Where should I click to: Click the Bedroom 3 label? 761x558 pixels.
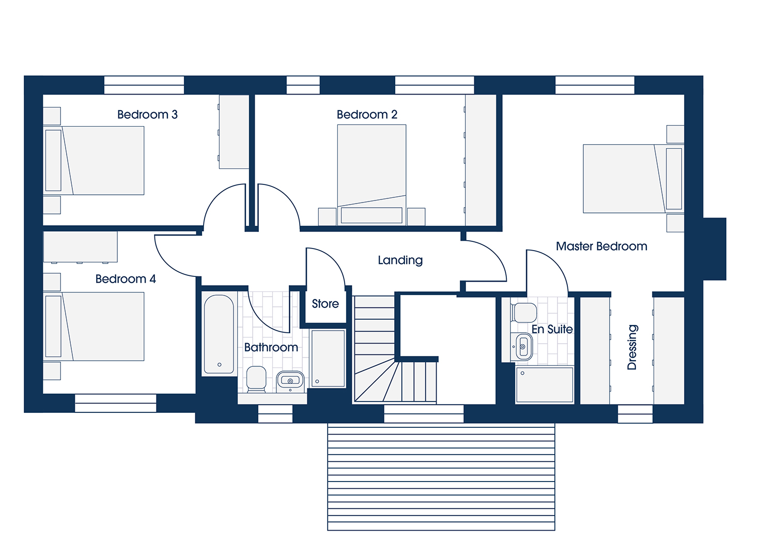click(x=147, y=115)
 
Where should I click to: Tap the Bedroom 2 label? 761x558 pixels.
click(x=367, y=115)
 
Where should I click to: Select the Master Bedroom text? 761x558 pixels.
click(x=601, y=246)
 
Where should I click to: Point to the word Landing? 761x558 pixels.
click(x=400, y=260)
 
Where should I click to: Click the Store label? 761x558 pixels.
click(x=325, y=304)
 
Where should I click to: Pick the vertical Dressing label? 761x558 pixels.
click(x=632, y=347)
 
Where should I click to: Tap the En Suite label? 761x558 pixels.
click(x=552, y=329)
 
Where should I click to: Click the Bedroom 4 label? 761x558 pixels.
click(x=126, y=279)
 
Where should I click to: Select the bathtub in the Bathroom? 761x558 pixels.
click(x=219, y=334)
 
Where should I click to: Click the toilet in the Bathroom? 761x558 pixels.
click(x=256, y=379)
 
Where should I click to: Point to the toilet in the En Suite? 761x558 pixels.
click(x=523, y=313)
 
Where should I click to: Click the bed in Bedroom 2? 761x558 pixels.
click(x=371, y=175)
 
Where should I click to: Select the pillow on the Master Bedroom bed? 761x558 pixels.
click(x=674, y=179)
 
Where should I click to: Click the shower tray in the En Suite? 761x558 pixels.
click(x=544, y=385)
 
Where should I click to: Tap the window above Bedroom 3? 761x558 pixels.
click(x=144, y=85)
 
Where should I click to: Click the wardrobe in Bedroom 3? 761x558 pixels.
click(x=234, y=132)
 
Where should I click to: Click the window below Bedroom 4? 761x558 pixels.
click(x=116, y=404)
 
